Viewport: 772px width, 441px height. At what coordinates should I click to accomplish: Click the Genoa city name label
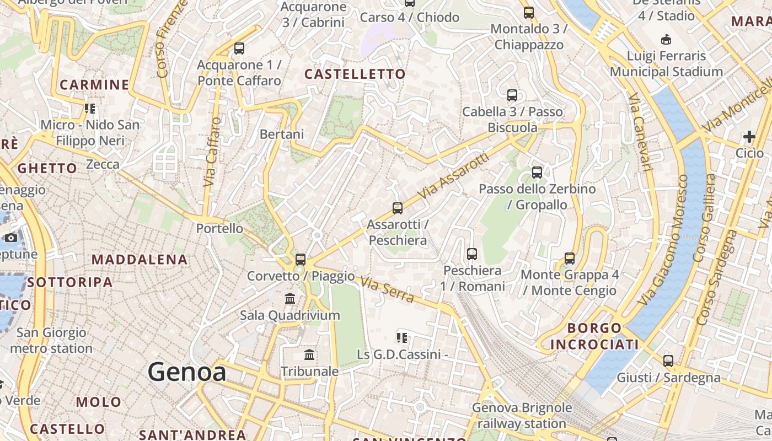coord(186,372)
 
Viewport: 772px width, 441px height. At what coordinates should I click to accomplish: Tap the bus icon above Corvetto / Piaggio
coord(301,259)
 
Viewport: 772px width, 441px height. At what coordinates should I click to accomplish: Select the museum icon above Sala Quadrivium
coord(290,299)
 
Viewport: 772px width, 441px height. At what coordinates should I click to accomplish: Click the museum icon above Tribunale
coord(309,354)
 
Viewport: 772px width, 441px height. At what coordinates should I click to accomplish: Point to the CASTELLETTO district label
coord(355,74)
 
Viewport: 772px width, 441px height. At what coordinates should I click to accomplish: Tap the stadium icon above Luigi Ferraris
coord(666,39)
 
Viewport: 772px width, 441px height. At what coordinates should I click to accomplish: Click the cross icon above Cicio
coord(749,136)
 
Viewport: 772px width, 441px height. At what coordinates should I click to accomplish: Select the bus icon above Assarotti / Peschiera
coord(398,208)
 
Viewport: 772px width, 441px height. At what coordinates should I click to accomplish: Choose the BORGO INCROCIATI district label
coord(594,336)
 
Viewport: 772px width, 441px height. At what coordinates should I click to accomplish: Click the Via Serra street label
coord(388,290)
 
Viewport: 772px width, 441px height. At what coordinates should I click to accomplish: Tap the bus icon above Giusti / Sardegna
coord(668,361)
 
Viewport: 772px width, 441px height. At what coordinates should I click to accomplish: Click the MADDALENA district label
coord(140,259)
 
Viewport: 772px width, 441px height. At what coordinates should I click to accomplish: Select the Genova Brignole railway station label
coord(522,416)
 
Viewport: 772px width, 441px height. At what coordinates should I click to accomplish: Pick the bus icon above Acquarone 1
coord(239,49)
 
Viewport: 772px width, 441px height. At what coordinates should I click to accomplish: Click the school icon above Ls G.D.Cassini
coord(402,337)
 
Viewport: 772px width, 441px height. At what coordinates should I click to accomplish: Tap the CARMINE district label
coord(94,85)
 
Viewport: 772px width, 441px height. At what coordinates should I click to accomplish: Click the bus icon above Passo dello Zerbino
coord(537,173)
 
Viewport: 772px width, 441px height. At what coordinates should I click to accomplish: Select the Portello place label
coord(219,228)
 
